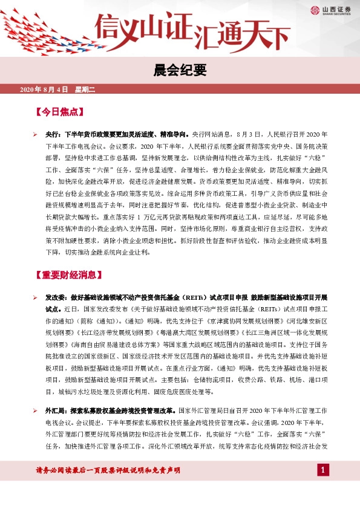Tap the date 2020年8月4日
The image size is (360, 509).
[x=44, y=89]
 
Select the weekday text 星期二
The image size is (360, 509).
[x=85, y=89]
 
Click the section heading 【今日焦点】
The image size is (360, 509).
[x=59, y=112]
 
